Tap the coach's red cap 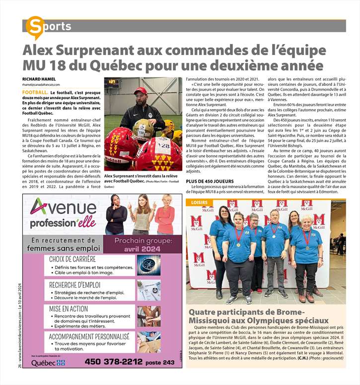(x=141, y=91)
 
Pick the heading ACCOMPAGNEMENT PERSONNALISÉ (x=89, y=335)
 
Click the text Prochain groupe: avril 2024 (x=144, y=244)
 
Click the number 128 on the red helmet (x=162, y=146)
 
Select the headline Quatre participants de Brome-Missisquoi (x=266, y=316)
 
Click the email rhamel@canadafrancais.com (x=45, y=85)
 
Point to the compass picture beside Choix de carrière (x=148, y=264)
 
